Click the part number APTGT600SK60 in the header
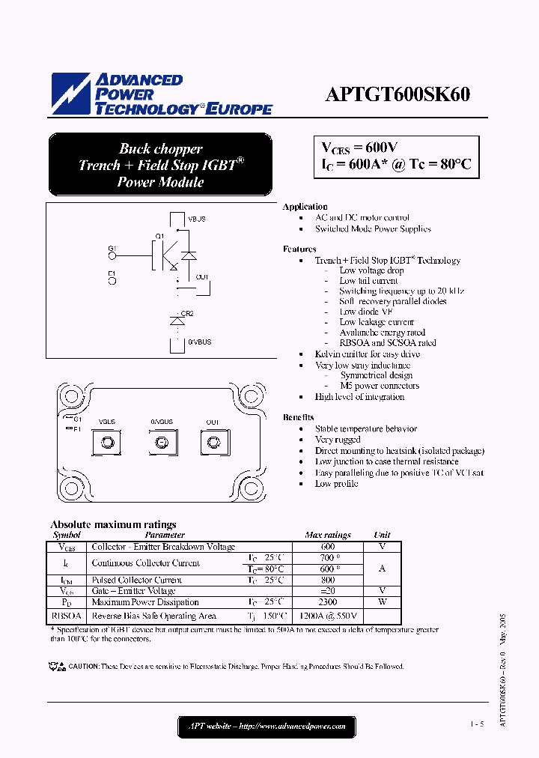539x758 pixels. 398,95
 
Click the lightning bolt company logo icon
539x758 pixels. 70,94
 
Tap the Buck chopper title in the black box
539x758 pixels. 160,149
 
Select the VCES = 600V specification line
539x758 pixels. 359,148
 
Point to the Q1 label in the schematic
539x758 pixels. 159,237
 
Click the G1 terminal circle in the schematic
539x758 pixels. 112,255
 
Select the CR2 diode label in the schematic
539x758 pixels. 187,313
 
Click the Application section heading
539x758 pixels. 305,207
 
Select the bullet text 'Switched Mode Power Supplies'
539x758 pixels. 373,229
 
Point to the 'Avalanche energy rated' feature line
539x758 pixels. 382,333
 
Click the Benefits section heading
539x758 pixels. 298,417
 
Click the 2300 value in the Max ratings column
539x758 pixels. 328,602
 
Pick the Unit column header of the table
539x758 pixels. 382,536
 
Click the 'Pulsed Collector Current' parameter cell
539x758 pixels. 137,580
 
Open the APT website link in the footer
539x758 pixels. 267,726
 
